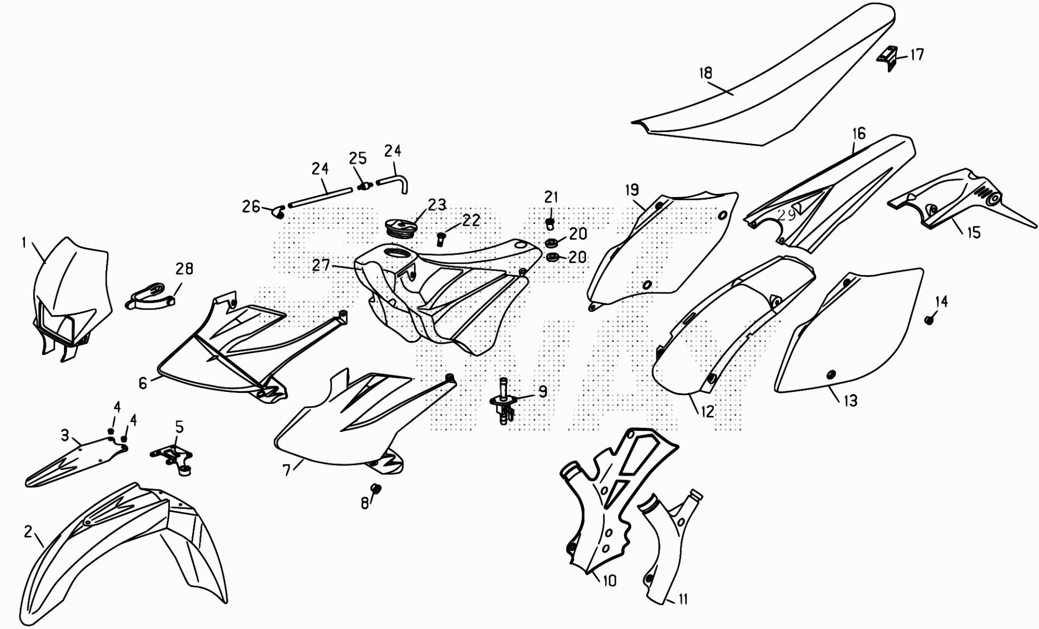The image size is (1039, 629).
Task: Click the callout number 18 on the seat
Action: click(x=706, y=73)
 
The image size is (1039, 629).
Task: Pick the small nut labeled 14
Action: click(x=929, y=320)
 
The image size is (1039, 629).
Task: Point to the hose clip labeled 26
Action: click(x=279, y=212)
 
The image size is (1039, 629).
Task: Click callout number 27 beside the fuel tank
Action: click(x=321, y=265)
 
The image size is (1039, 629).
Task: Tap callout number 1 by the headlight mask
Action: click(x=24, y=243)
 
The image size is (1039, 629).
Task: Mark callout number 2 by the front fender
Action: click(x=29, y=531)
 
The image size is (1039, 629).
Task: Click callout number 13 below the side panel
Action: click(x=851, y=401)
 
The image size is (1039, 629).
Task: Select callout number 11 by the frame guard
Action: click(x=682, y=599)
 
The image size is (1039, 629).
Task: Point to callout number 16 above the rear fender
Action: click(x=859, y=133)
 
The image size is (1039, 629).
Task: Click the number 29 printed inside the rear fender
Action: click(x=786, y=215)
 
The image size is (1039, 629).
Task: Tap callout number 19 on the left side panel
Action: click(x=632, y=189)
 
